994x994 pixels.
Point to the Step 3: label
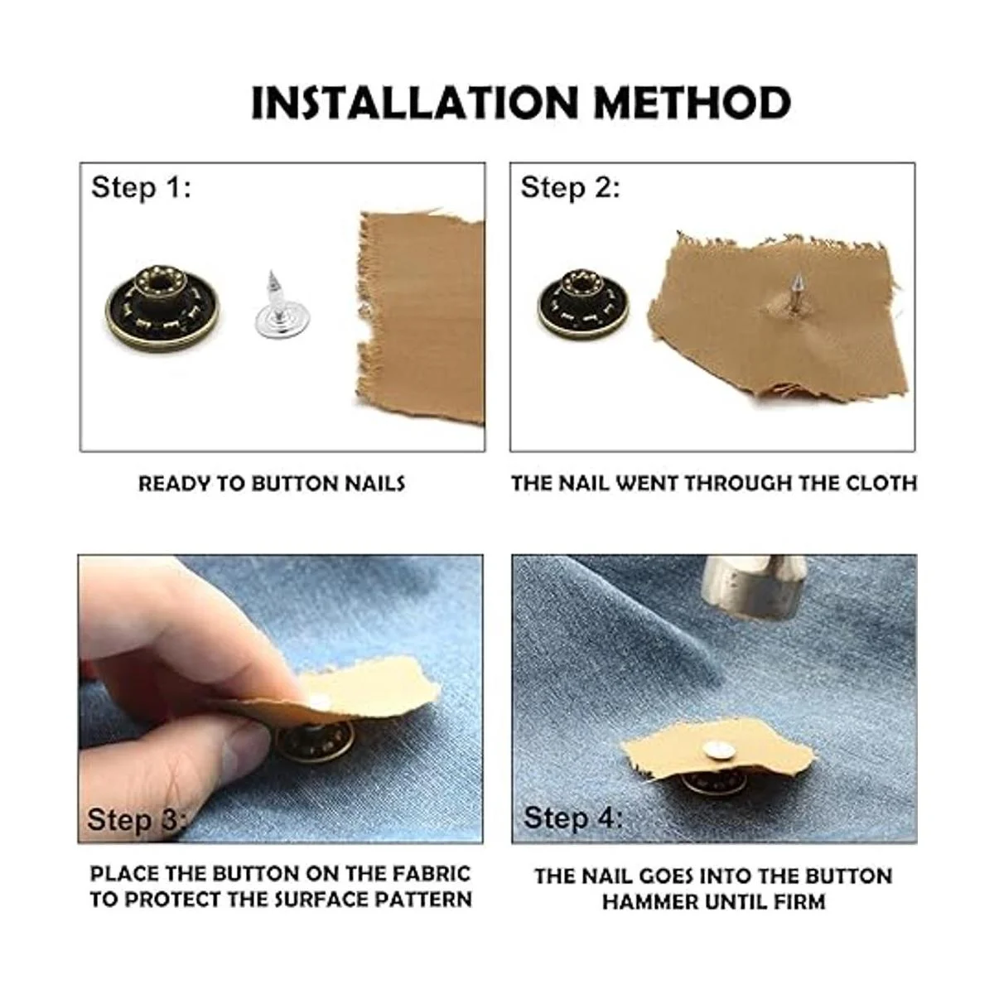pyautogui.click(x=135, y=820)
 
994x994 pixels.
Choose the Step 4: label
pyautogui.click(x=573, y=818)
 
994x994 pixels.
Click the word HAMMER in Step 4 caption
pyautogui.click(x=650, y=902)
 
